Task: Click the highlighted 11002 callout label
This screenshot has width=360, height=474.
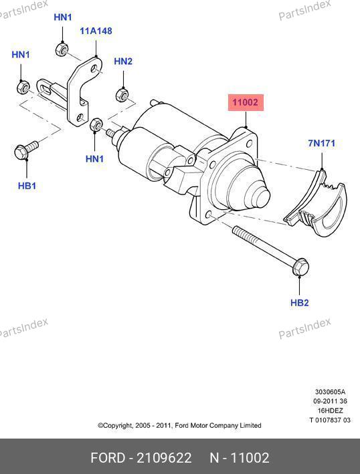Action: (246, 102)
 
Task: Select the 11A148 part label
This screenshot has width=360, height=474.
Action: (96, 31)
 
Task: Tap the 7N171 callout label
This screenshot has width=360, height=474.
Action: (322, 143)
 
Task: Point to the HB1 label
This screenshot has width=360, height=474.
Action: (27, 186)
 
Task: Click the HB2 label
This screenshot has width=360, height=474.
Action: (300, 303)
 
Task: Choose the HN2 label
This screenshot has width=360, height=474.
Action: (123, 62)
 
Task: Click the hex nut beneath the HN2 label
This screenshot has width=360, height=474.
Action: (122, 94)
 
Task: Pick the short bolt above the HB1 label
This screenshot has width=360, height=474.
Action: (25, 150)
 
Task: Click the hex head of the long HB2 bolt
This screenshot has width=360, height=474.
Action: (300, 267)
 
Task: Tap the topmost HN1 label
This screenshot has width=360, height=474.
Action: (63, 17)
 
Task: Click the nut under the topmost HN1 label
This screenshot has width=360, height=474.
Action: (62, 49)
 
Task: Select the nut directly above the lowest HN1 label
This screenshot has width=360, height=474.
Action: (96, 124)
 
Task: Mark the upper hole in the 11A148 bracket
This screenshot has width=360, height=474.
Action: (95, 68)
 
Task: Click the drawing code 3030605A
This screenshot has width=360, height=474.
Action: (330, 392)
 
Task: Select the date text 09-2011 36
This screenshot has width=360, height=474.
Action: (330, 401)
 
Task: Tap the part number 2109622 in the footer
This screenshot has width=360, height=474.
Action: (164, 458)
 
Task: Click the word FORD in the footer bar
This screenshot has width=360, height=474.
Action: (108, 458)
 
